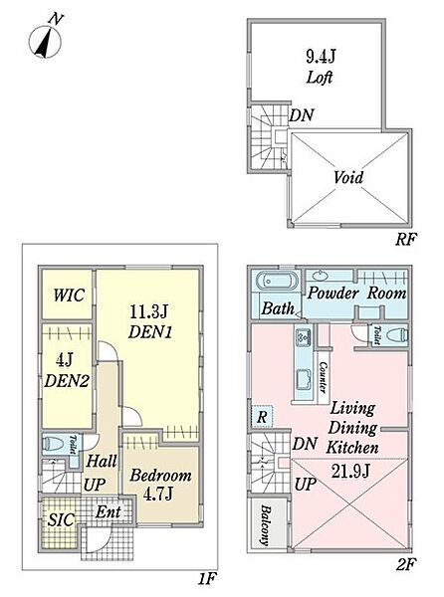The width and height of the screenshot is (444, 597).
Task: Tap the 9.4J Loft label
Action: coord(321,67)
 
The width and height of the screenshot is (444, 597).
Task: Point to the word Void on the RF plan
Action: coord(348,177)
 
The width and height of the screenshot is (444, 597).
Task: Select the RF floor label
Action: coord(406,239)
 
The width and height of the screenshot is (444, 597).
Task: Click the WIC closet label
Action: coord(69,296)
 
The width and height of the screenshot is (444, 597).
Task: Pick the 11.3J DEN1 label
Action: coord(149,322)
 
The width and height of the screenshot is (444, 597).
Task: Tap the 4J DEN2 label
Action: coord(67,370)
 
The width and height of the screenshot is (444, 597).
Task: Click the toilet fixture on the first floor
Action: coord(55,444)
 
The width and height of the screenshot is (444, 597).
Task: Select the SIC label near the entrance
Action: coord(61,519)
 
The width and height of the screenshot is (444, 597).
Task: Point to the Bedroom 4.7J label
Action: coord(160,485)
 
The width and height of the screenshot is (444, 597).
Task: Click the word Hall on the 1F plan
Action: coord(102,461)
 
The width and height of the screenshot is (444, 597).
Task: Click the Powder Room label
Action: coord(356,294)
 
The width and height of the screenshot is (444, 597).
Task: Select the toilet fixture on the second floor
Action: coord(397,335)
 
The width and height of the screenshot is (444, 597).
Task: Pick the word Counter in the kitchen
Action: coord(323,377)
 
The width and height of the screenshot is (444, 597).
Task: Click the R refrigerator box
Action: coord(262,417)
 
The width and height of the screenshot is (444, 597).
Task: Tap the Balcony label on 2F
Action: coord(266,524)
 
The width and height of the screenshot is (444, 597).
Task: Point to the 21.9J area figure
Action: coord(350,472)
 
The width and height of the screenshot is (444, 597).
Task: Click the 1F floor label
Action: coord(207,579)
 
